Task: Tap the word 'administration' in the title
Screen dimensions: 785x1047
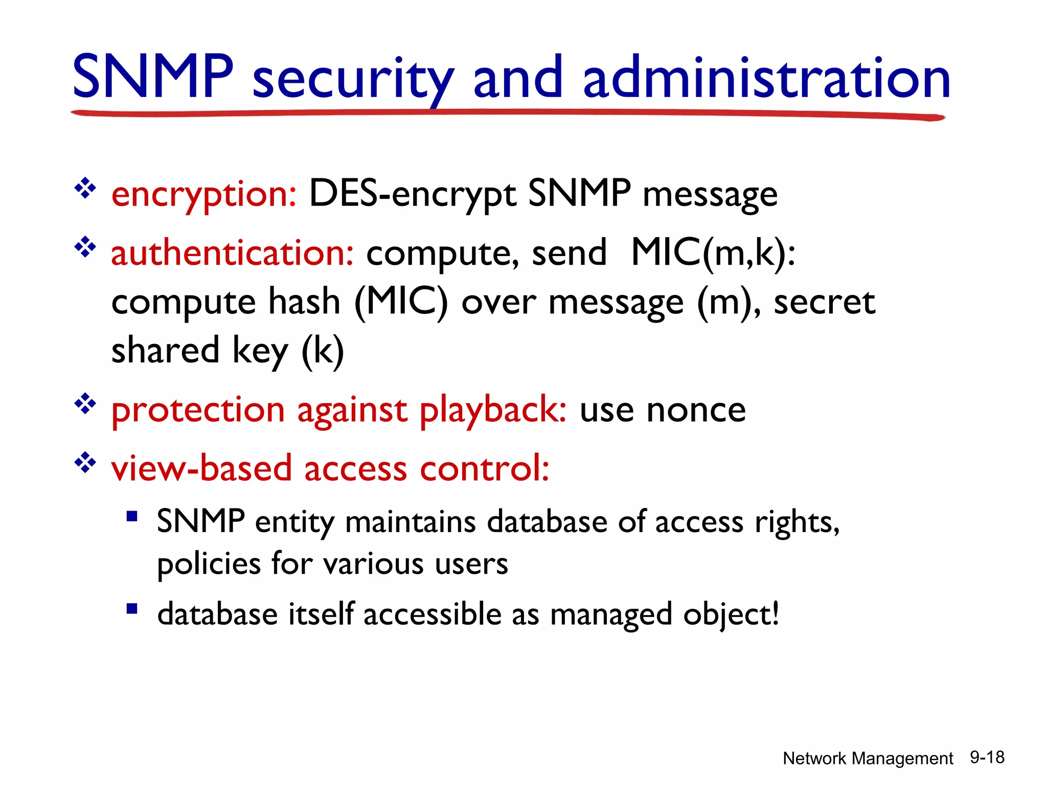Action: [x=766, y=78]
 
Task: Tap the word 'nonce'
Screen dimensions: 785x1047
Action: [x=696, y=410]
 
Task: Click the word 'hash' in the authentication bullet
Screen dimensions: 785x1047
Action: [x=304, y=302]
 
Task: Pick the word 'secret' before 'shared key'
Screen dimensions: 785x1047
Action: [x=824, y=302]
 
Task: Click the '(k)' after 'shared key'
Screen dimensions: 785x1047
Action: [x=323, y=351]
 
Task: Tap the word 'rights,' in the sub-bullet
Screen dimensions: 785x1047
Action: [x=797, y=523]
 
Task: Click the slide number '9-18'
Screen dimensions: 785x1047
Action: [x=987, y=757]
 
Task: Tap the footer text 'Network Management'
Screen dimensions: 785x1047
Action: [x=868, y=758]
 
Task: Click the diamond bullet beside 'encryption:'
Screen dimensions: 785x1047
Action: [x=85, y=189]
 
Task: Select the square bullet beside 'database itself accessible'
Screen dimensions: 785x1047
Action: [x=132, y=609]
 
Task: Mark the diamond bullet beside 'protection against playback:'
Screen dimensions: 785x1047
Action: [x=85, y=404]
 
